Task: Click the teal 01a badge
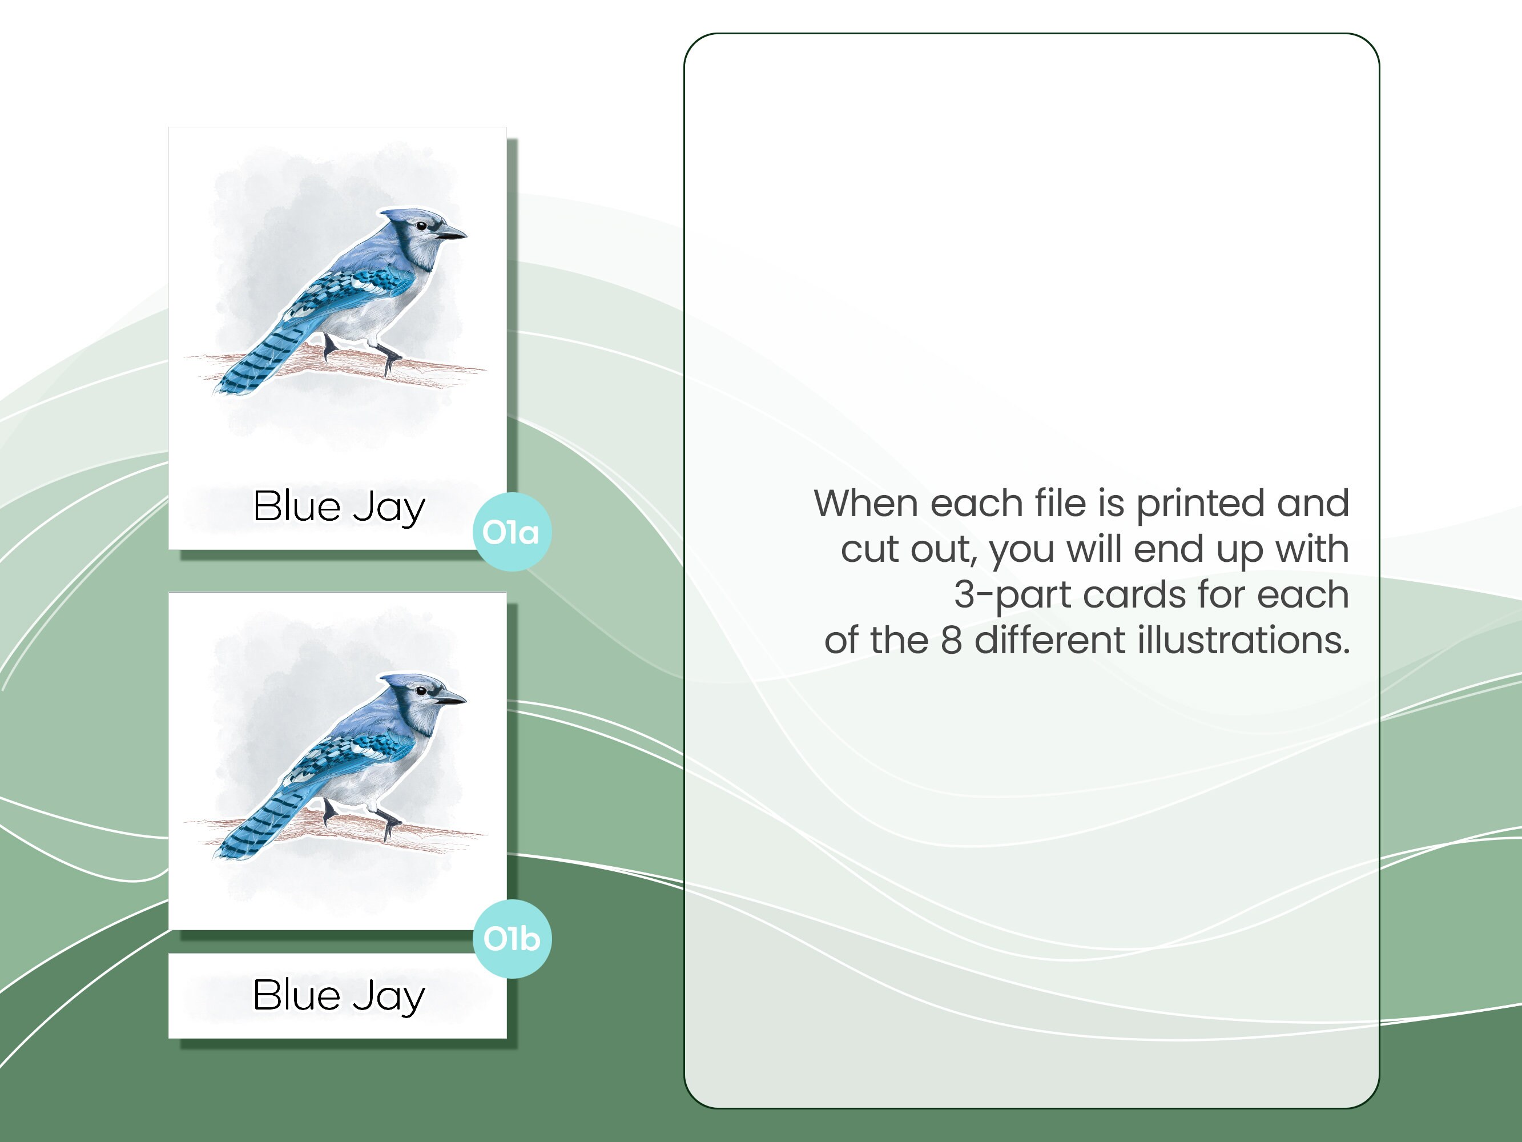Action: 512,532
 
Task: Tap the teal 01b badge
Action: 512,939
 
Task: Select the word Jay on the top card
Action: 389,509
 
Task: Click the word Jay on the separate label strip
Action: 389,998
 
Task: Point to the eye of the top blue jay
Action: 421,226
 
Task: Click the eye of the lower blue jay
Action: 421,690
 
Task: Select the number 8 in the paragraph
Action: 951,640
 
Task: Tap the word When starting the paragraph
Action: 868,503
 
